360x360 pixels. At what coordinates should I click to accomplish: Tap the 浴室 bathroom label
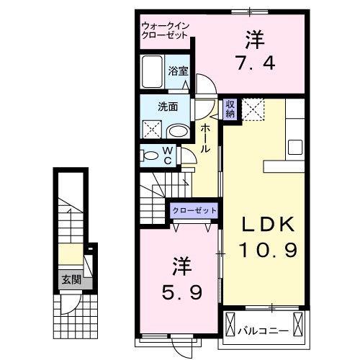[x=179, y=71]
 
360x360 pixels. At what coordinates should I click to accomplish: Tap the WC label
[x=166, y=156]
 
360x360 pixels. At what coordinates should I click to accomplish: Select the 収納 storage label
[x=230, y=109]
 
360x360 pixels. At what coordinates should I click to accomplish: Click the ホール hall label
[x=205, y=138]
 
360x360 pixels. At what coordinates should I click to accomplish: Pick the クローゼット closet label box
[x=194, y=210]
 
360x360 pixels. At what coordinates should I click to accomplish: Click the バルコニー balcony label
[x=264, y=332]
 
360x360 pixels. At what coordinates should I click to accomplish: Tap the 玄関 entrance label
[x=70, y=279]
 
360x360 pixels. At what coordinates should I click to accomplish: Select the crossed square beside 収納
[x=253, y=109]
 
